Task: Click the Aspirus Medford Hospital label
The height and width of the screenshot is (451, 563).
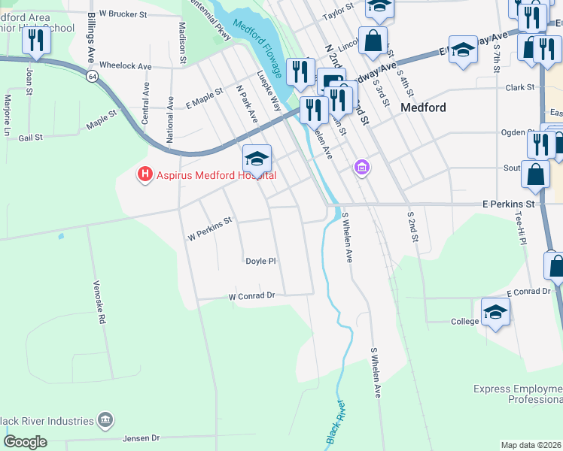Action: [215, 175]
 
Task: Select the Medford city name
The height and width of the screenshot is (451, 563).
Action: [423, 107]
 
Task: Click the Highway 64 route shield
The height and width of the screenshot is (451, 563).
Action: [91, 76]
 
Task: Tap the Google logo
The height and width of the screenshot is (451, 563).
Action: [25, 442]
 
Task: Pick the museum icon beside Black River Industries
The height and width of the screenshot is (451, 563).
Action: [105, 420]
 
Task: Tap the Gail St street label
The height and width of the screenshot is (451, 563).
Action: [30, 138]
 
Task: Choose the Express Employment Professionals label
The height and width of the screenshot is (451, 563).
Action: [518, 394]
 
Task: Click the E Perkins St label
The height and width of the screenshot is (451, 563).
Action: [507, 204]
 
